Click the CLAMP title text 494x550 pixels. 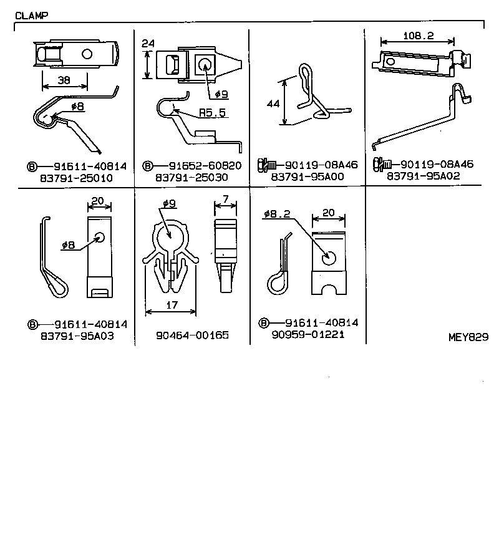tap(31, 15)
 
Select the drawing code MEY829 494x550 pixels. tap(467, 337)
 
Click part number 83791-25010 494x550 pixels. tap(77, 177)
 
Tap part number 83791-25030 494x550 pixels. tap(193, 177)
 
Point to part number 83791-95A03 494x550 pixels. tap(77, 335)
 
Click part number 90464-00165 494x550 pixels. tap(193, 335)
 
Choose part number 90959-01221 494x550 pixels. tap(308, 334)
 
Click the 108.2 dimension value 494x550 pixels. tap(418, 36)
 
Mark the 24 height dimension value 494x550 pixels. tap(148, 44)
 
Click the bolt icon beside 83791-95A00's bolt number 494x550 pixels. tap(265, 166)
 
